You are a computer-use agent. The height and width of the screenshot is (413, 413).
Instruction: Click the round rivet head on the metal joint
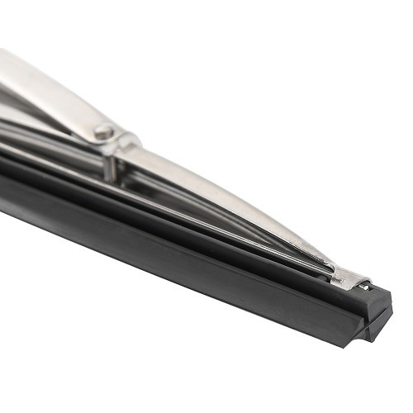click(104, 131)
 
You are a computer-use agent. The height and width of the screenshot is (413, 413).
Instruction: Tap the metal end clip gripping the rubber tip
click(349, 279)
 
